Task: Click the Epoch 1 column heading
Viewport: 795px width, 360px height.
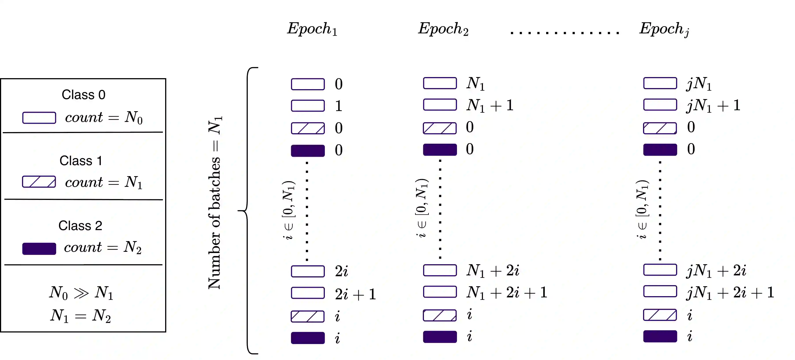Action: pyautogui.click(x=312, y=29)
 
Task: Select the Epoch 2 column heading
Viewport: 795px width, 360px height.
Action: pyautogui.click(x=443, y=29)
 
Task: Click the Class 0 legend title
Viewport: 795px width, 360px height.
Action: pyautogui.click(x=83, y=95)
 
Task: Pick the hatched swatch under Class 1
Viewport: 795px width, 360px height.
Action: pyautogui.click(x=39, y=182)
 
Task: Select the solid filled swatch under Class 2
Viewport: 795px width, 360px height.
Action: pyautogui.click(x=39, y=249)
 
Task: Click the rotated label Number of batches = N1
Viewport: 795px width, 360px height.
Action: pyautogui.click(x=215, y=203)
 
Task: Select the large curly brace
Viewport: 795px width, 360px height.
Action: pyautogui.click(x=248, y=210)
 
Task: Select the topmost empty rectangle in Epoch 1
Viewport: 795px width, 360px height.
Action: pyautogui.click(x=308, y=84)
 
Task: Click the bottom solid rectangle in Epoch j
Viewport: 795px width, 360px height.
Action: pyautogui.click(x=660, y=336)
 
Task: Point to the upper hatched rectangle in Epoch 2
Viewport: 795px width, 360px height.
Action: pyautogui.click(x=440, y=128)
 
